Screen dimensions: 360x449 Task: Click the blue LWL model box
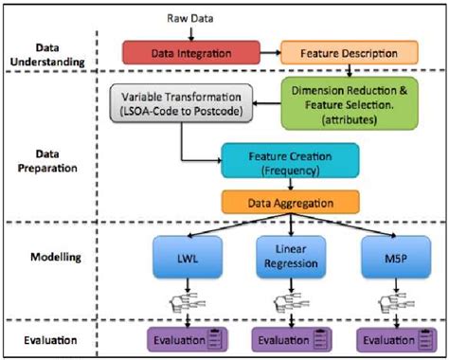[x=181, y=257]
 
